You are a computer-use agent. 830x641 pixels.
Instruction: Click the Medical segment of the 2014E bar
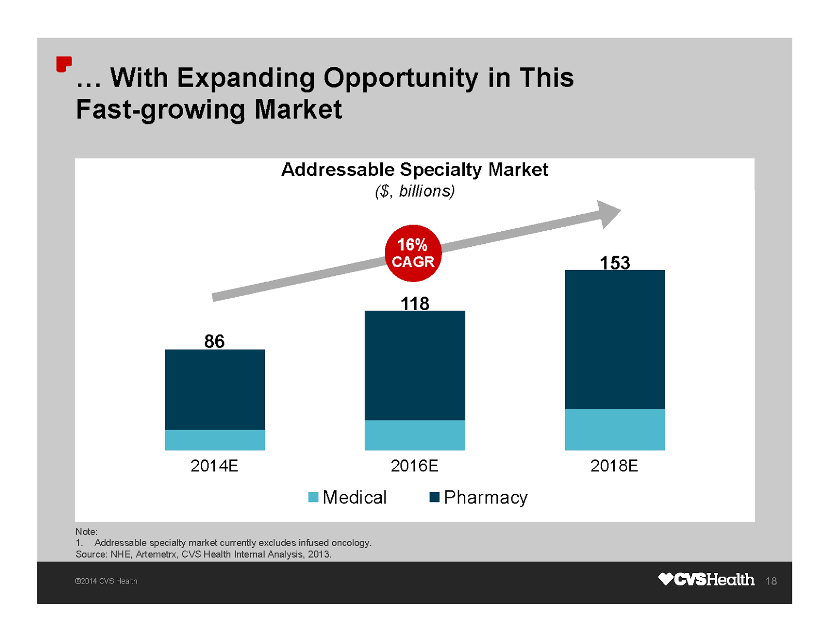pos(215,440)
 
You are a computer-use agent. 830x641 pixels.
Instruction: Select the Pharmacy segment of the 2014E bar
pos(215,389)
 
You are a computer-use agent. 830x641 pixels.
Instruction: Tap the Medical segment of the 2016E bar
pos(414,435)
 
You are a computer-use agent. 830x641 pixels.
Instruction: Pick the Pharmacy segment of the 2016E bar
pos(414,365)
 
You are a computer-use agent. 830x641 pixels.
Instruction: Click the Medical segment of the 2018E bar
pos(615,429)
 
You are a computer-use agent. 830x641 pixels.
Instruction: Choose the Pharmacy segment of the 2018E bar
pos(615,339)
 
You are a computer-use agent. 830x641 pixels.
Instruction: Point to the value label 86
pos(214,341)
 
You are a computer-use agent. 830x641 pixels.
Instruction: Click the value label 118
pos(414,303)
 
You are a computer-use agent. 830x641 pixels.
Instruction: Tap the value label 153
pos(615,263)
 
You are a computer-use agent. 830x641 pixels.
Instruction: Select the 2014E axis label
pos(214,466)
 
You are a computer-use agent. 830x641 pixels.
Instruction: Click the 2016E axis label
pos(414,466)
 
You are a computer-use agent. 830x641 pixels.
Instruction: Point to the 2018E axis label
pos(614,466)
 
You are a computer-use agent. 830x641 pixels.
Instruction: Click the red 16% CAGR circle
pos(413,253)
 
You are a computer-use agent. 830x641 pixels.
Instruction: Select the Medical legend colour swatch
pos(313,497)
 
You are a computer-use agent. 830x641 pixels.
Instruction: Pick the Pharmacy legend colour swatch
pos(435,497)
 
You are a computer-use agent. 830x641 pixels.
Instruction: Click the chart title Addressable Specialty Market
pos(414,170)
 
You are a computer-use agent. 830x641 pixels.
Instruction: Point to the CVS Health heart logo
pos(666,579)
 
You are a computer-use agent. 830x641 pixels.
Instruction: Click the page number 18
pos(771,581)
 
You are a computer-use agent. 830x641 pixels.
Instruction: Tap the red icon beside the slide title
pos(64,64)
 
